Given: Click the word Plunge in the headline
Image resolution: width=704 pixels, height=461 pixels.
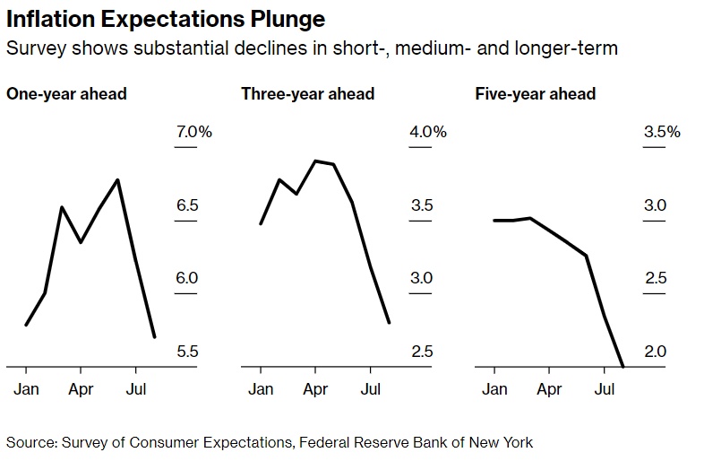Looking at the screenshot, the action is point(288,20).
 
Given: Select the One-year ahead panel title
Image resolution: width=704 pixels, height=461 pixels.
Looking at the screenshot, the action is point(66,94).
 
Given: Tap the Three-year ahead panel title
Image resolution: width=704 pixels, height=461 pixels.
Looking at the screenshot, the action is point(307,94).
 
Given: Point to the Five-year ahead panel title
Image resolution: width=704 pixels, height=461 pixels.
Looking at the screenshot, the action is point(536,94).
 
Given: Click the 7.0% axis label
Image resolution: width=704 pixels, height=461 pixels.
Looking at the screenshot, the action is point(194,132).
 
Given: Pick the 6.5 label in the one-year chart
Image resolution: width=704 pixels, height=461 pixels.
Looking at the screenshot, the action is point(187,205).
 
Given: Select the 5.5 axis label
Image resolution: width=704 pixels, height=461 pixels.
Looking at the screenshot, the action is point(187,352).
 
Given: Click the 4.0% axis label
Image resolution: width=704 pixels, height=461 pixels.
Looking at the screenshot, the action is point(428,132).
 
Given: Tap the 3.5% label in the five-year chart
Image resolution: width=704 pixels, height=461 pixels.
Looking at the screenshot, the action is point(662,132).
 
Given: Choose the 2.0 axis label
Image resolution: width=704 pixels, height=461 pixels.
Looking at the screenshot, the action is point(655,352).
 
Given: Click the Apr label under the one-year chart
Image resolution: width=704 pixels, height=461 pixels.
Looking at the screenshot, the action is point(81,389).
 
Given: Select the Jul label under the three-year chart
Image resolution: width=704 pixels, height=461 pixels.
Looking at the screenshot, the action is point(371,389).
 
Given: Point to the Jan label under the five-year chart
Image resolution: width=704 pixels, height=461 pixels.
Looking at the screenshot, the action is point(494,389).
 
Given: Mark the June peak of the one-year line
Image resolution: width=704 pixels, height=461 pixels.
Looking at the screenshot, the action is point(117,180).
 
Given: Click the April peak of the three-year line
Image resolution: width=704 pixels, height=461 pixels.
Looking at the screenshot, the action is point(315,161).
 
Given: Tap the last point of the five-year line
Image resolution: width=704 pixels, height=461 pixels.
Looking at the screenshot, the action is point(622,366).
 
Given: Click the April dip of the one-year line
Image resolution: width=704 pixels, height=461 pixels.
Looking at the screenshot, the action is point(81,242).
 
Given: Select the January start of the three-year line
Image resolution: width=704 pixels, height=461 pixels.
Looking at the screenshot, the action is point(261,223).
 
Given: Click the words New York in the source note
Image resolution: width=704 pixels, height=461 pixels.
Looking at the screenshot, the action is point(501,442).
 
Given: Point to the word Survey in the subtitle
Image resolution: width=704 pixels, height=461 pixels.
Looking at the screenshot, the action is point(36,48).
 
